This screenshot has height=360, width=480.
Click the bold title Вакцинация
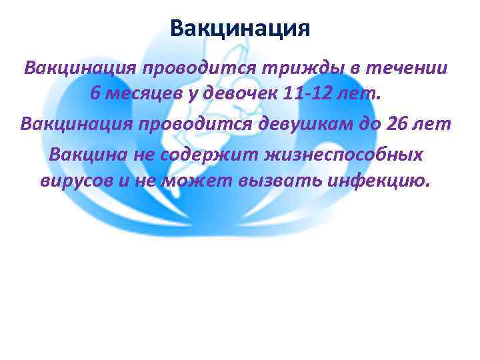click(x=239, y=29)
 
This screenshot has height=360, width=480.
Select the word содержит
click(x=219, y=153)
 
